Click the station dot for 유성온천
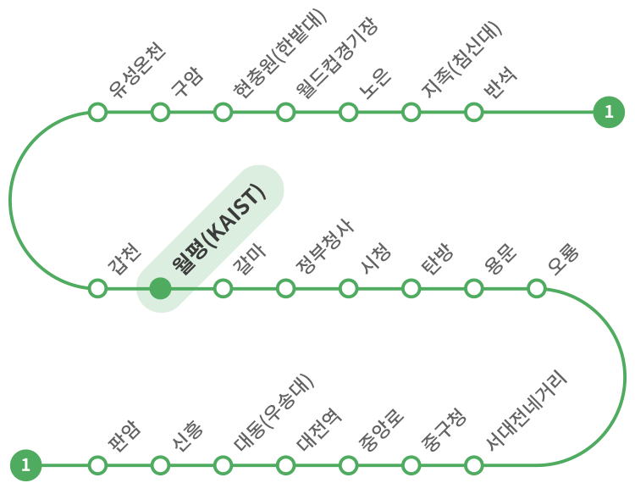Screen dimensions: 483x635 coord(97,112)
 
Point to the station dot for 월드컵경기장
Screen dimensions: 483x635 coord(285,112)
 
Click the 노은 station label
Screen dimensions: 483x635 coord(376,82)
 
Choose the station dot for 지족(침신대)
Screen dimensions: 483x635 coord(411,112)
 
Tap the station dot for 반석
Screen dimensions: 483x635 coord(473,112)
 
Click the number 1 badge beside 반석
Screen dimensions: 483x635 coord(608,112)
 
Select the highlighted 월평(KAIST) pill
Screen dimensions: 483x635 coord(210,238)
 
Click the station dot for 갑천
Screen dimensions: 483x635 coord(97,288)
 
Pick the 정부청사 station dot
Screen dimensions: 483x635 coord(285,288)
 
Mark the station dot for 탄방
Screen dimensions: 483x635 coord(411,288)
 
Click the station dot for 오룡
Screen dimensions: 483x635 coord(536,288)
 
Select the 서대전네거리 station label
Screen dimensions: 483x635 coord(525,410)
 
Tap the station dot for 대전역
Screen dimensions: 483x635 coord(285,465)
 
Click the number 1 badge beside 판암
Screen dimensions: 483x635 coord(25,465)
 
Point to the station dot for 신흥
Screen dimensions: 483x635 coord(160,465)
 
